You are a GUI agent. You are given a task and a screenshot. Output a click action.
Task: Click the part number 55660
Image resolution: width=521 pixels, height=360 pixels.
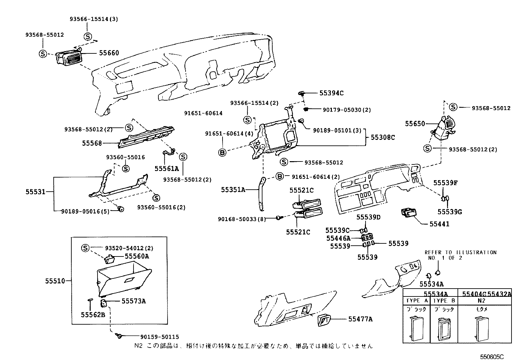[x=109, y=53]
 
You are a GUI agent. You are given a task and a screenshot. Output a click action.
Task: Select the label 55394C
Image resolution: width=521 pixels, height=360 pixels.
[x=331, y=93]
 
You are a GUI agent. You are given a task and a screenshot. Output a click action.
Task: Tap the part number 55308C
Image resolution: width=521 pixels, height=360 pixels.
[x=383, y=138]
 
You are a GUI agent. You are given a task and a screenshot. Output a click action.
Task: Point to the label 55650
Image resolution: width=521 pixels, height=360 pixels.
[x=415, y=124]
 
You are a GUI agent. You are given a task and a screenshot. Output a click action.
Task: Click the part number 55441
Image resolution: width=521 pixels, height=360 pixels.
[x=439, y=224]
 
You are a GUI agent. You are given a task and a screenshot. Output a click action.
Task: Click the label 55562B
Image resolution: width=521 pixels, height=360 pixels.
[x=93, y=315]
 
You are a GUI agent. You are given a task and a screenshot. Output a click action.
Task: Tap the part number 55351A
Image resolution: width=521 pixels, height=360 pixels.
[x=233, y=190]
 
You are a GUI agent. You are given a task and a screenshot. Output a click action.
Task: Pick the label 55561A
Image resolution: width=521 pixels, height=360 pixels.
[x=167, y=169]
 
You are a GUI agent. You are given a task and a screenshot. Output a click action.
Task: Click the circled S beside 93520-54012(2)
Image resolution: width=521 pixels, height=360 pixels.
[x=85, y=248]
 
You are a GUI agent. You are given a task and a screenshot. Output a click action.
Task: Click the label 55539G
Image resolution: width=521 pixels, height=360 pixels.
[x=450, y=212]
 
